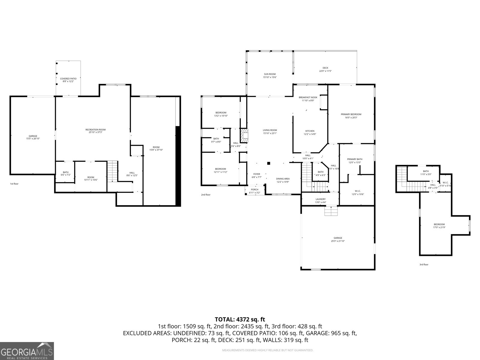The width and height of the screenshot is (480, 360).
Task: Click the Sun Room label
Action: point(270,76)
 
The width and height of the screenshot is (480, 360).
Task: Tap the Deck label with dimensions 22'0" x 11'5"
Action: point(325,69)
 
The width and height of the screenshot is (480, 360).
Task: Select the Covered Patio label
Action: point(68,80)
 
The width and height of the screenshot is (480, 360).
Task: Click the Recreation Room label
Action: point(95,131)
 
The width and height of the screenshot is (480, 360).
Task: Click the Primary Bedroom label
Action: point(351,116)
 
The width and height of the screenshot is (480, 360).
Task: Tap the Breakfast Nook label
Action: point(308,99)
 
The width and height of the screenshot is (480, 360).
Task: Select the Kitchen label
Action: point(310,133)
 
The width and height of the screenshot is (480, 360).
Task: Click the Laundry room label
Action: point(320,201)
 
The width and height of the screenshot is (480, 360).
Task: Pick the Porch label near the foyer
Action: point(254,191)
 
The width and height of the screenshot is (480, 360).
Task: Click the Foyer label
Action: point(256,175)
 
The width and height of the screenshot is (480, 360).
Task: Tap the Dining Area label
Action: point(283,180)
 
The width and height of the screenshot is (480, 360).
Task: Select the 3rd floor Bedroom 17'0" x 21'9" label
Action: point(439,226)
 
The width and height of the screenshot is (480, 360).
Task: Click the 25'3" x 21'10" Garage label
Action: point(338,239)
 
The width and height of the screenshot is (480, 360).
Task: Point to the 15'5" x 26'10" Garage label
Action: point(33,137)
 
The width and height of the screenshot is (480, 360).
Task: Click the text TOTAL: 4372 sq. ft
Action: point(240,319)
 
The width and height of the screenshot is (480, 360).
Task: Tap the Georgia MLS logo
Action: point(27,351)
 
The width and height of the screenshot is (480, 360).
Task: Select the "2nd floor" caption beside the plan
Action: point(206,195)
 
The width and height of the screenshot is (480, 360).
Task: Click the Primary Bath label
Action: point(355,161)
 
